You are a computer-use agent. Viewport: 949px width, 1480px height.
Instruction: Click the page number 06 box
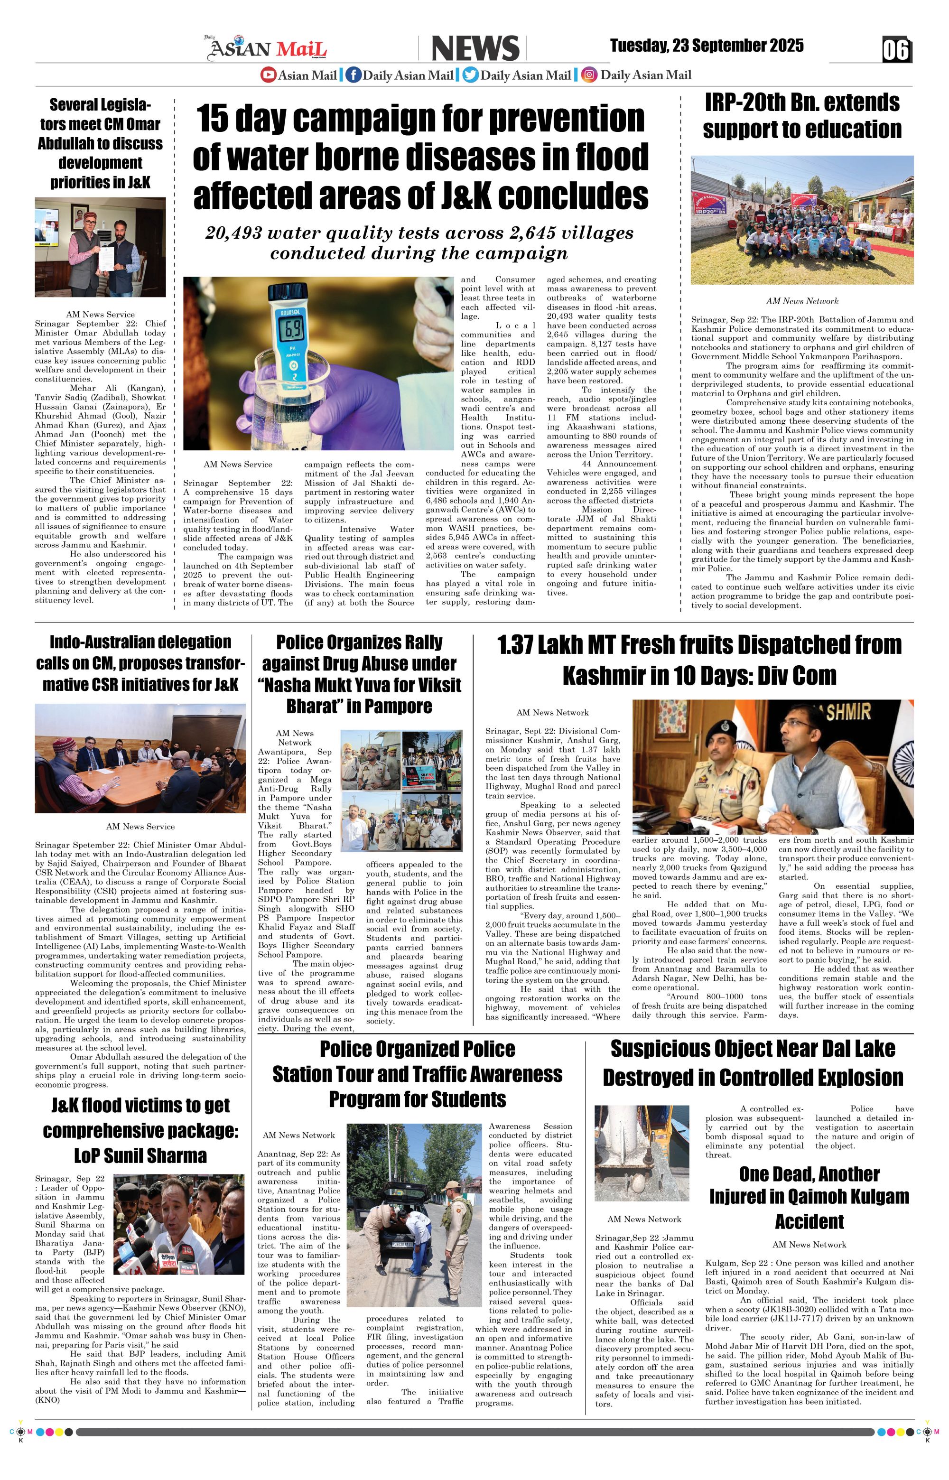pyautogui.click(x=897, y=50)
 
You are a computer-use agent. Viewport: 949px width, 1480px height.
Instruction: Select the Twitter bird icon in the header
pyautogui.click(x=471, y=75)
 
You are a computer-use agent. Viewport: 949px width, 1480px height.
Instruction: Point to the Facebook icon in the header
pyautogui.click(x=353, y=75)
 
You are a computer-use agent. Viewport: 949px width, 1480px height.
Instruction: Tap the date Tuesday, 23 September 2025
pyautogui.click(x=707, y=46)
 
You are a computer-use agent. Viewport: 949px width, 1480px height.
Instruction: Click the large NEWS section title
pyautogui.click(x=475, y=49)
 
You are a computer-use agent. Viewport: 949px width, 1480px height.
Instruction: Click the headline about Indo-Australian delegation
pyautogui.click(x=140, y=663)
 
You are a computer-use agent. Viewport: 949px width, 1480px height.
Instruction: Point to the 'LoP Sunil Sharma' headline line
pyautogui.click(x=140, y=1155)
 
